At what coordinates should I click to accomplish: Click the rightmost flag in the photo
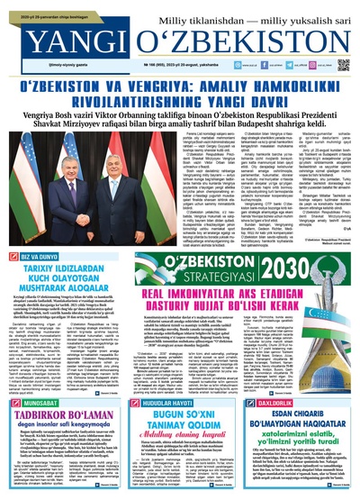pyautogui.click(x=146, y=171)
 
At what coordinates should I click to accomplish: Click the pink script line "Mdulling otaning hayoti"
pyautogui.click(x=180, y=419)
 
